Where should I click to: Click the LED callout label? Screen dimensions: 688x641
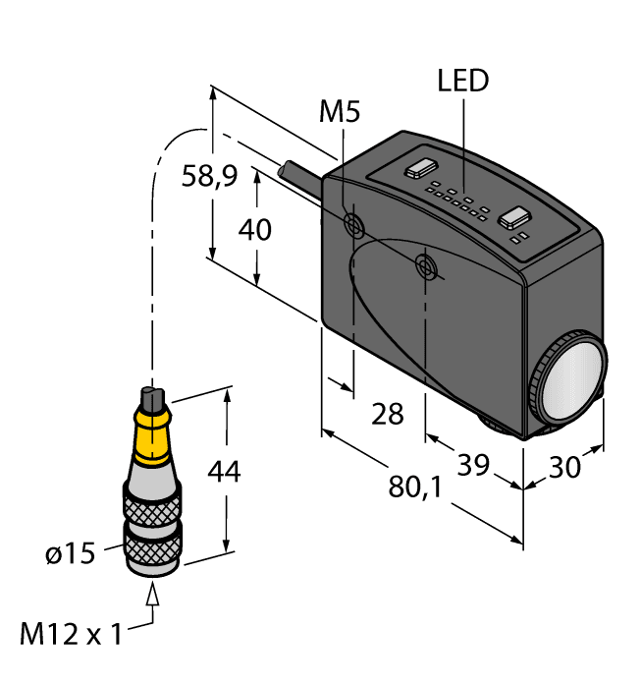pos(462,82)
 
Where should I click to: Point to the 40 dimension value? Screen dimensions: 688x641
pos(255,230)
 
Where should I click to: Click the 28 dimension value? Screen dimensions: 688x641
pos(388,414)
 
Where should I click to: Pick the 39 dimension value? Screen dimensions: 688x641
pos(473,466)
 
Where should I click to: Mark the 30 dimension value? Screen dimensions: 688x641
pos(564,467)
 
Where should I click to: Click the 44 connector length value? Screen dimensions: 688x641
pos(223,472)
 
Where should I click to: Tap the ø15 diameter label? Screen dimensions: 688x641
pos(70,554)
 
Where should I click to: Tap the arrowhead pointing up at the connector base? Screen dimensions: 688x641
pos(152,593)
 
